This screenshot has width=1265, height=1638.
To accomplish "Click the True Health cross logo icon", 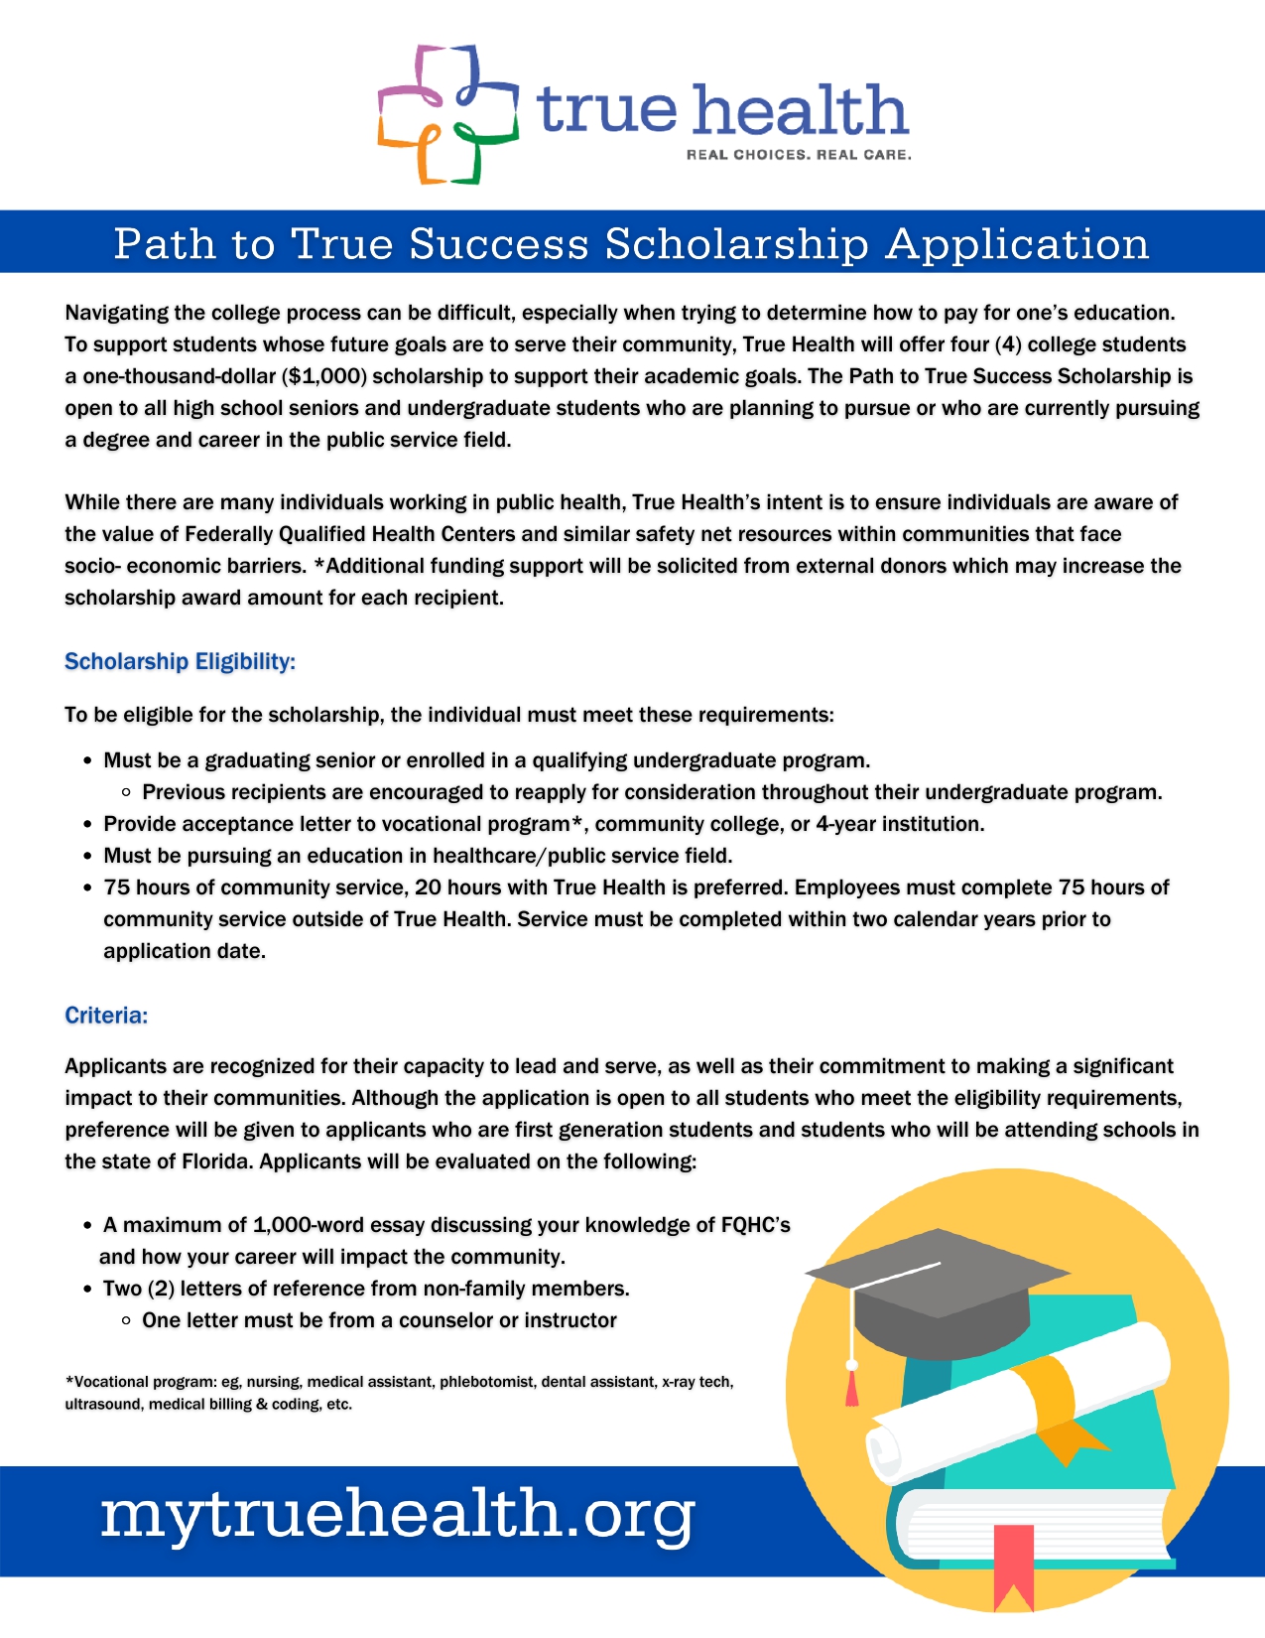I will point(447,114).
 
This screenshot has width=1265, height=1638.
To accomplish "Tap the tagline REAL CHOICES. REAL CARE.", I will point(799,155).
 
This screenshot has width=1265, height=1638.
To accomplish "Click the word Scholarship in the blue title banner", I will point(736,244).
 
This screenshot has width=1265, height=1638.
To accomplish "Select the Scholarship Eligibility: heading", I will point(180,661).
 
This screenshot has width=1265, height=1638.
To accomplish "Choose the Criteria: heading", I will point(106,1015).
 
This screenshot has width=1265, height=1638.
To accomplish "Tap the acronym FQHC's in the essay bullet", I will point(755,1225).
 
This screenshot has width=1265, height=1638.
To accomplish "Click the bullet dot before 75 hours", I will point(88,887).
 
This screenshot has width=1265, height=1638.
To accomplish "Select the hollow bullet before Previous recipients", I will point(126,792).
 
